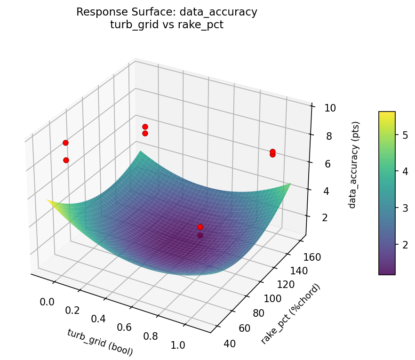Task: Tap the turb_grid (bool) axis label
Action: coord(100,342)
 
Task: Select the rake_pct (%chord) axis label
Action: coord(291,314)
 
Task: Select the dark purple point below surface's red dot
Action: coord(200,235)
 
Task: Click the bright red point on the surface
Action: coord(200,227)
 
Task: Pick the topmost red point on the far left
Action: coord(65,143)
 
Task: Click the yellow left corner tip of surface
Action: coord(48,200)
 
